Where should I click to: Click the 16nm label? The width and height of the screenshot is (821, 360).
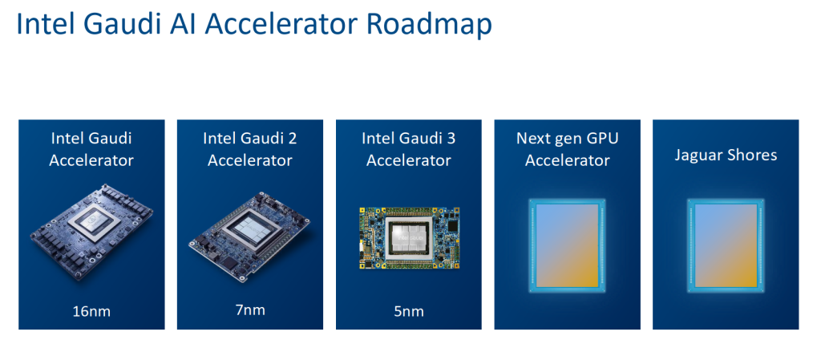91,310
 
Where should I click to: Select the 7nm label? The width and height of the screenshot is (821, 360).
249,309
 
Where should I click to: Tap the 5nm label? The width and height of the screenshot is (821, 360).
408,310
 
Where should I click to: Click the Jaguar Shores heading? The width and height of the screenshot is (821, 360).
726,155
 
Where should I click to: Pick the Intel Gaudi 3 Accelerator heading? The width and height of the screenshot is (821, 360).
408,149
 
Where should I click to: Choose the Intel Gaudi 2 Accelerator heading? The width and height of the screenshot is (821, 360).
250,149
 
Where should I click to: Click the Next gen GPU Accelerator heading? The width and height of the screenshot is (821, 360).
567,149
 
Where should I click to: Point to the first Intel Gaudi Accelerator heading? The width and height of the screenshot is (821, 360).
91,149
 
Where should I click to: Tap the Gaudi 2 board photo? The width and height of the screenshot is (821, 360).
249,233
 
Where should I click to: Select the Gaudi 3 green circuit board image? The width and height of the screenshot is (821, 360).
408,237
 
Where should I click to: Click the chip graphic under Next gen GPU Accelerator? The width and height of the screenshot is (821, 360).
567,246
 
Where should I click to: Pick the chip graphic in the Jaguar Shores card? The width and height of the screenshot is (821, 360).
726,246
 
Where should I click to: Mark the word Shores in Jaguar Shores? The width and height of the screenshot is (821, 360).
752,155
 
